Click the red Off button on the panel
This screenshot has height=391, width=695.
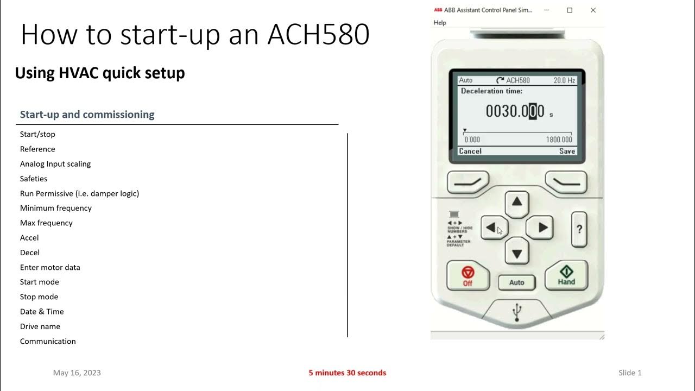click(x=467, y=276)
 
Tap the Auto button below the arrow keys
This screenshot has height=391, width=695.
click(x=516, y=282)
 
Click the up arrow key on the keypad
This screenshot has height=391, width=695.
click(x=517, y=202)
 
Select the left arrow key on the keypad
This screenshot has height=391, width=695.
click(x=492, y=228)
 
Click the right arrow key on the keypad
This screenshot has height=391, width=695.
click(x=541, y=228)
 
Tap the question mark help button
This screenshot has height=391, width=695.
click(x=579, y=229)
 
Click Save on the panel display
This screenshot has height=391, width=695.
click(x=567, y=151)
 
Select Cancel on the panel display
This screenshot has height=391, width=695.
click(x=470, y=151)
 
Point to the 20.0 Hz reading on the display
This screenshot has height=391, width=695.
click(x=564, y=80)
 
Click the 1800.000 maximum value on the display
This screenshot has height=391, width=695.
click(x=559, y=140)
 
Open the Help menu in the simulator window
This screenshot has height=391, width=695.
click(x=440, y=23)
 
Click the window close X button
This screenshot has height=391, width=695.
click(x=593, y=10)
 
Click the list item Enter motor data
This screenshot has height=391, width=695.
click(x=50, y=267)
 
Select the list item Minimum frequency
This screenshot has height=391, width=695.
click(x=56, y=208)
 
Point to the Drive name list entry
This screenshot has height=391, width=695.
click(x=40, y=326)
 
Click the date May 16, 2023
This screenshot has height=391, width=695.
click(x=77, y=373)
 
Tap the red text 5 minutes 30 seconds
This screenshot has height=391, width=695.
click(x=347, y=373)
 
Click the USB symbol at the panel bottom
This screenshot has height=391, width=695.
click(x=517, y=311)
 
